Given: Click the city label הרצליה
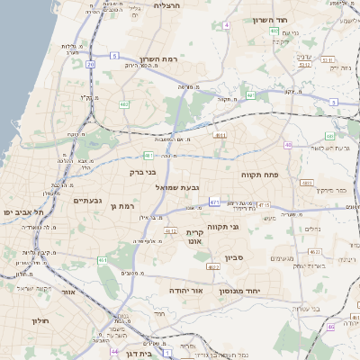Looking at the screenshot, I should point(167,5).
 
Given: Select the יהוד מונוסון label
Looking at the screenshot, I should point(264,292).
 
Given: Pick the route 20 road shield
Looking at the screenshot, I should point(90,64).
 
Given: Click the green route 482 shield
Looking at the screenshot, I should point(123,104).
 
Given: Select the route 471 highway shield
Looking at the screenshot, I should point(214,202).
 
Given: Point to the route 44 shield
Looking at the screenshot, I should point(114,351).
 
